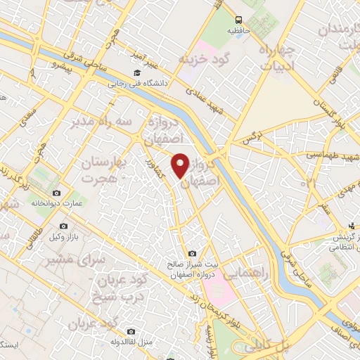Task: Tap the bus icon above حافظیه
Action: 239,19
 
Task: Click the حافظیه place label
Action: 239,31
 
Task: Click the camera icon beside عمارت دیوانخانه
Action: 56,193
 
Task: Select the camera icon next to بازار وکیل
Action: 64,226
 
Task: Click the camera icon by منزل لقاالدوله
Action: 131,331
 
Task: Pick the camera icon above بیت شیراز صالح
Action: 192,253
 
